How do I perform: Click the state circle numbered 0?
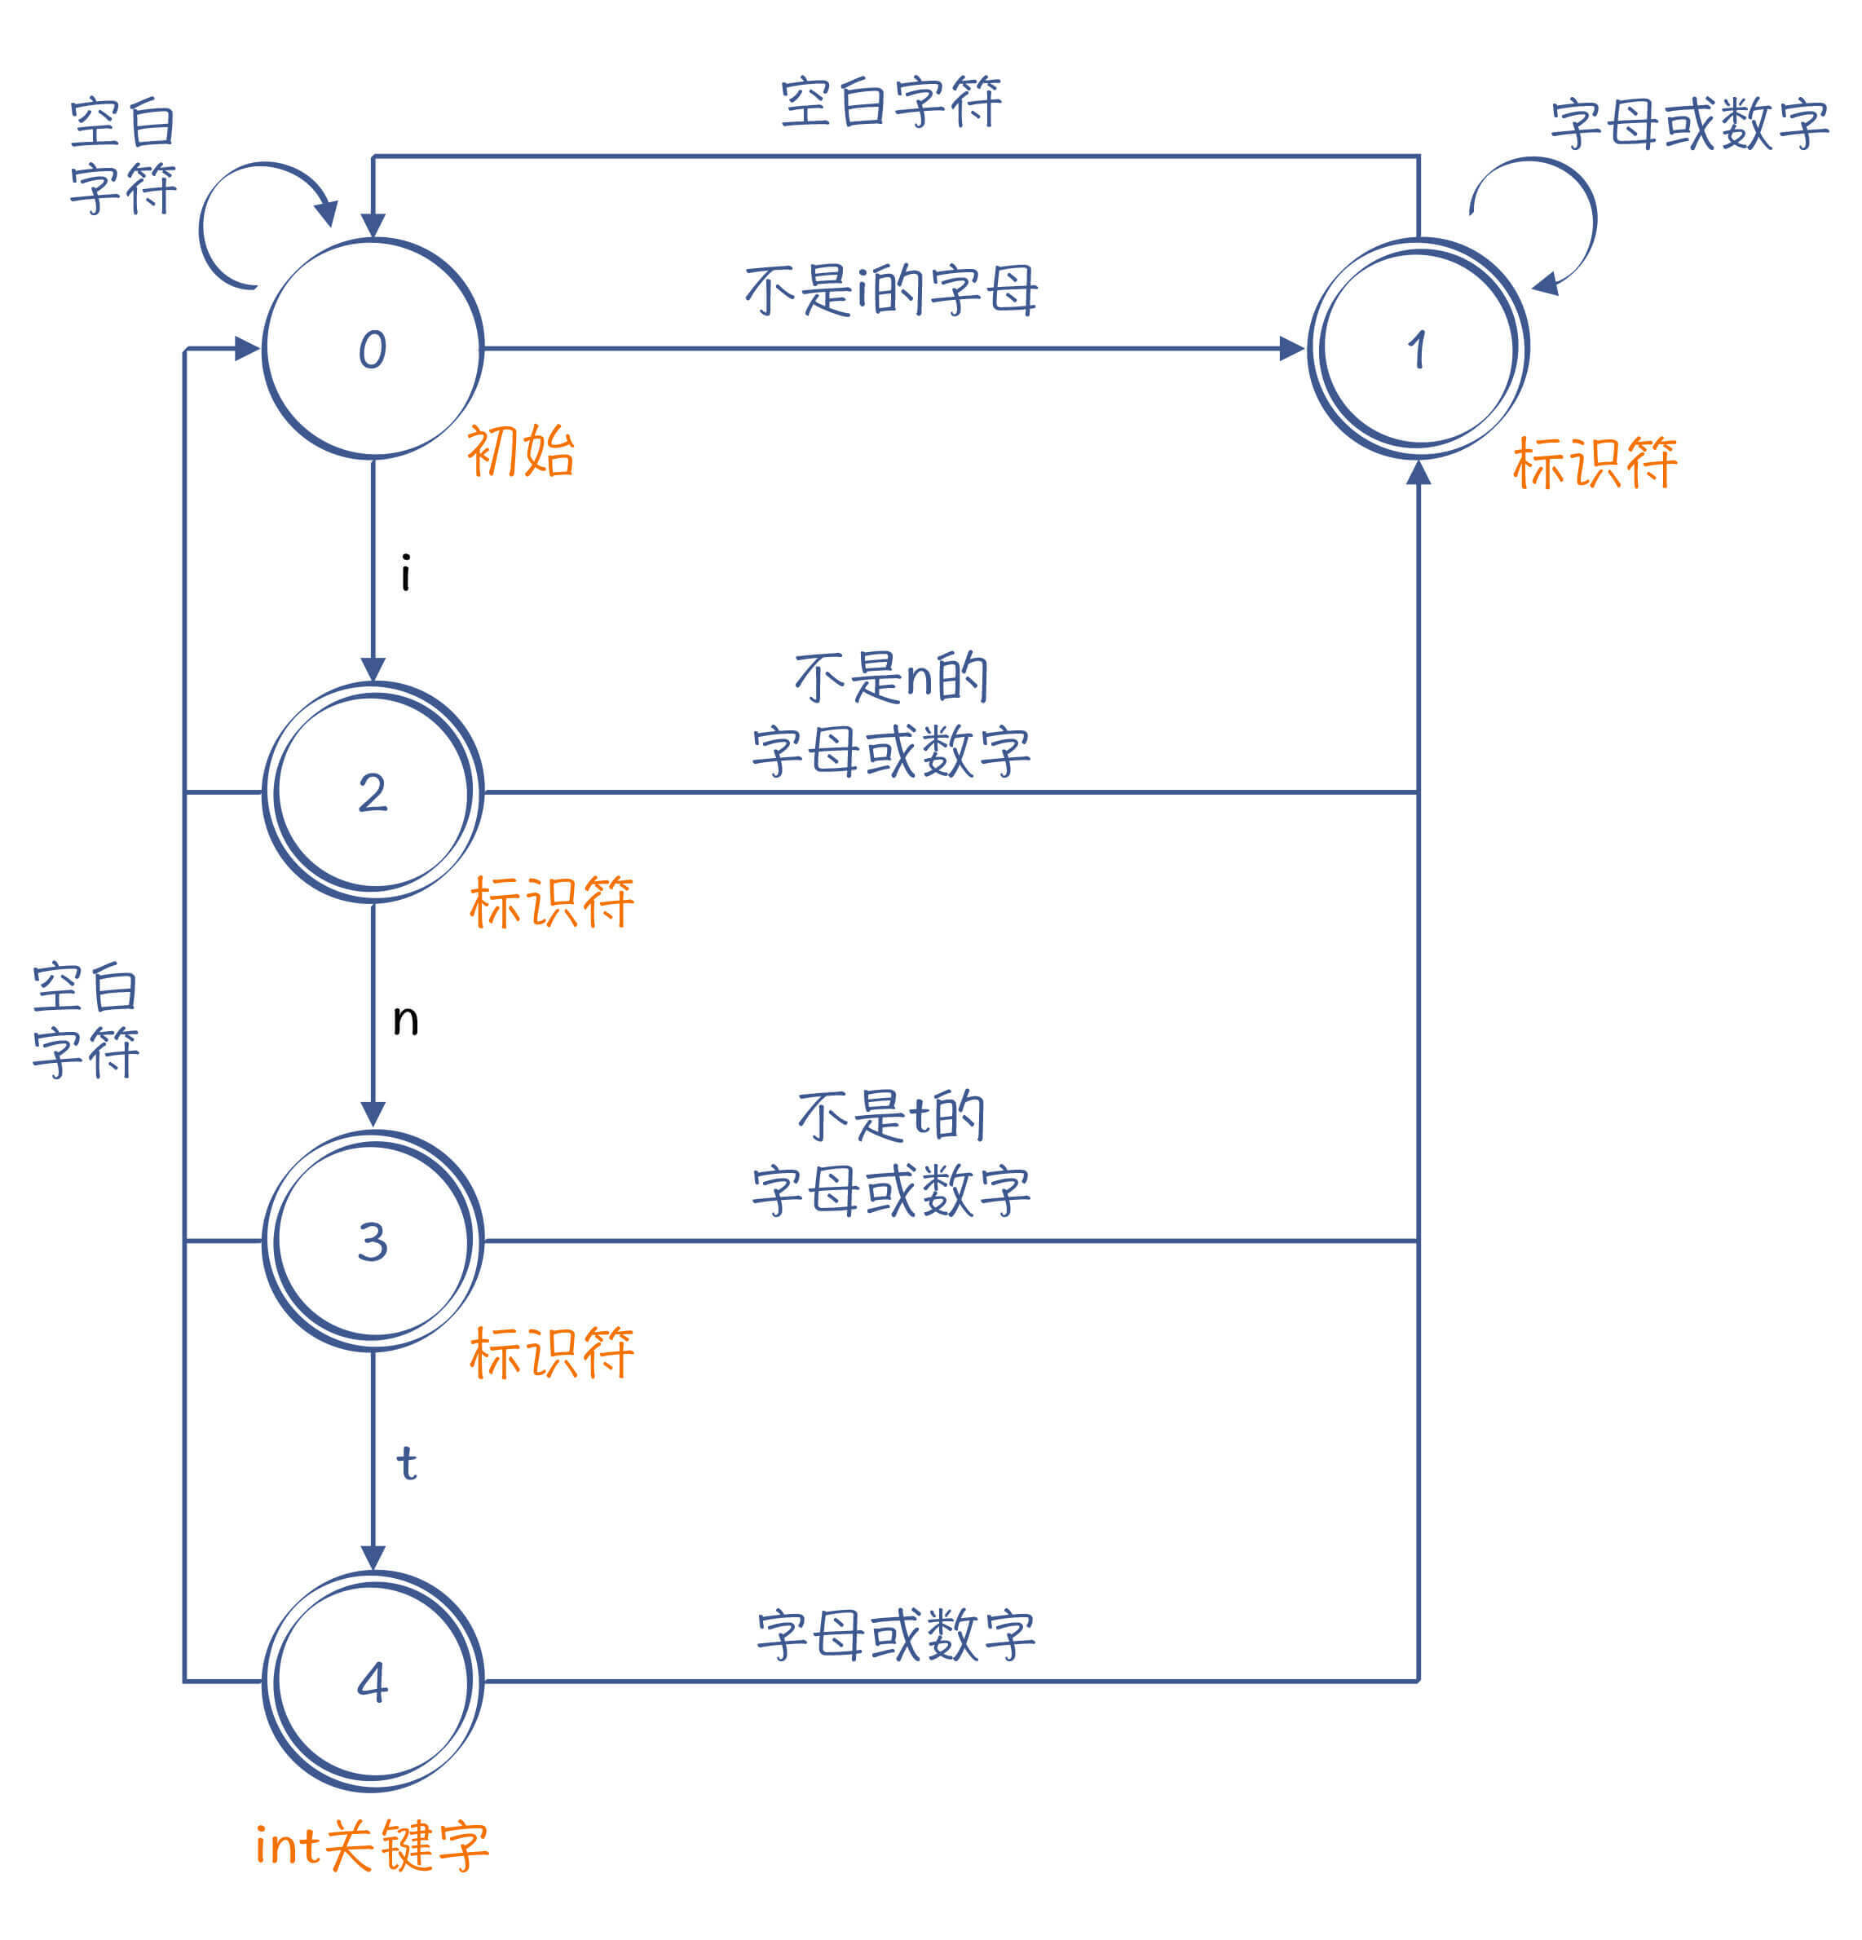(373, 348)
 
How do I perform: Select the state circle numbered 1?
(1418, 348)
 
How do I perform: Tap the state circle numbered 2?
(373, 791)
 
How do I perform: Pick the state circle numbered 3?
(373, 1241)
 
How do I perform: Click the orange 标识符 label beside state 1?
(1594, 462)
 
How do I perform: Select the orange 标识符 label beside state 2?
(551, 902)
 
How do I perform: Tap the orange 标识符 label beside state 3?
(551, 1352)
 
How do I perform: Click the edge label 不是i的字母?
(891, 290)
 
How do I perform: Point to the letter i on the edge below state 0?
(406, 573)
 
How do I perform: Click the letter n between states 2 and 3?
(406, 1020)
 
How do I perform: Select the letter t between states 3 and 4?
(406, 1463)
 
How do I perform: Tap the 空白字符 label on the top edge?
(891, 102)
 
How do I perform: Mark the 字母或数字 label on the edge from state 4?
(896, 1635)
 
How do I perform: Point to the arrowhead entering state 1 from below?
(1419, 472)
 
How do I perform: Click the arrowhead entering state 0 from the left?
(246, 348)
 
